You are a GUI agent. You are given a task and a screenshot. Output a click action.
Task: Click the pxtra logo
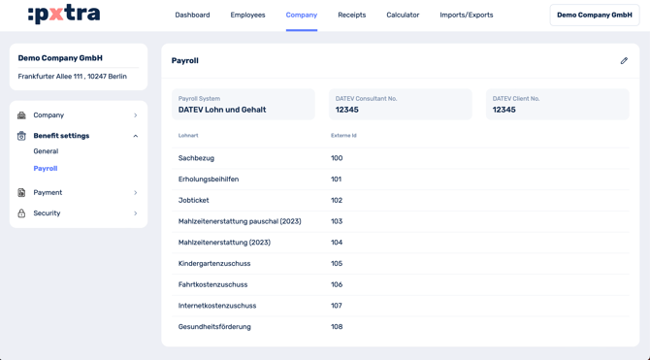64,15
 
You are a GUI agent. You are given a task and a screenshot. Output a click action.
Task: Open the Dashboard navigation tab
192,16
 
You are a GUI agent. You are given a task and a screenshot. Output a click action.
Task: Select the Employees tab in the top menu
247,16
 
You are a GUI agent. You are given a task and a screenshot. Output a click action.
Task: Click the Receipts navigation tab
351,16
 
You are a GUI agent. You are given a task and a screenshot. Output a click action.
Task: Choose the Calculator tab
403,16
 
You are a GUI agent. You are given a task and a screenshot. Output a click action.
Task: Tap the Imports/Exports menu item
466,16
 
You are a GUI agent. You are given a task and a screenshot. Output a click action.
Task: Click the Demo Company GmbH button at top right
594,16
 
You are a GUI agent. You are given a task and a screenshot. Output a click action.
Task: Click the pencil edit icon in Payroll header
624,60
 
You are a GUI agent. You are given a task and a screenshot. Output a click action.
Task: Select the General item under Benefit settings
46,151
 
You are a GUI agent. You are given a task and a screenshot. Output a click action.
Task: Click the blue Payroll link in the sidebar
46,169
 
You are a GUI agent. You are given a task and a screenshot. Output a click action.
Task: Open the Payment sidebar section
48,192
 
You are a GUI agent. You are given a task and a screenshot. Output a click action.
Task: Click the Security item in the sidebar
47,213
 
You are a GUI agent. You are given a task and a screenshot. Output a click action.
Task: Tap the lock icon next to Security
21,213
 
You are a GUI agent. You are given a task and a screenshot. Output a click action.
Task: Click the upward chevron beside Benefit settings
135,136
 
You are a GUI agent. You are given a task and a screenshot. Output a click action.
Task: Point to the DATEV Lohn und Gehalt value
222,110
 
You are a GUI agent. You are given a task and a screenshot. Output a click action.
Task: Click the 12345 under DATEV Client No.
504,110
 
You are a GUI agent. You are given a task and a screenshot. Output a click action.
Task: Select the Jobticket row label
193,200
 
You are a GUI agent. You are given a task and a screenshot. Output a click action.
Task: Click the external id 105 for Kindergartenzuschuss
337,264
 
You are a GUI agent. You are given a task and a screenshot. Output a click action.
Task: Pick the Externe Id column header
343,136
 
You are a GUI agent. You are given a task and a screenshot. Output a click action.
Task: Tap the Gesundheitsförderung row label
214,327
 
